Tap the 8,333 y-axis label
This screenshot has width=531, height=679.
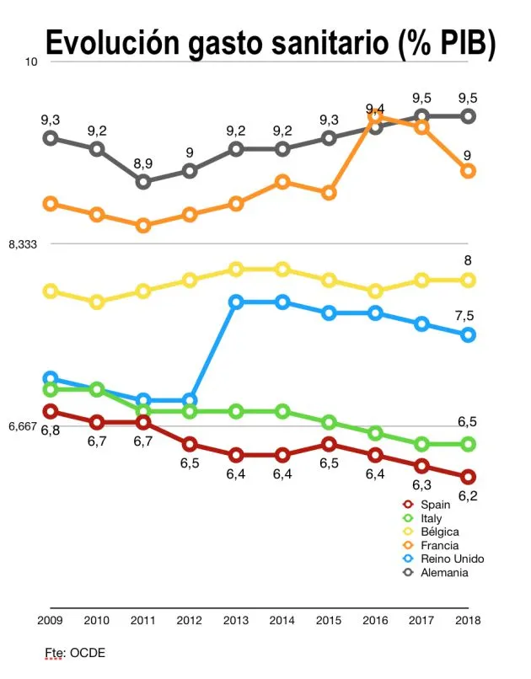tap(23, 244)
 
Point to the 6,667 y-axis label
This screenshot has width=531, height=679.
tap(23, 426)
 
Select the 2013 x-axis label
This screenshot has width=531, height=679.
tap(236, 621)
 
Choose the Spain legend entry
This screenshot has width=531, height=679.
tap(435, 504)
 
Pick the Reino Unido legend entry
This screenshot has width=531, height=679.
tap(451, 559)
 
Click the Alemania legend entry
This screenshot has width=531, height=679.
tap(443, 573)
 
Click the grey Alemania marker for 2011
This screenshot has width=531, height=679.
tap(143, 182)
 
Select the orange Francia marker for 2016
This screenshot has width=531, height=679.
tap(376, 117)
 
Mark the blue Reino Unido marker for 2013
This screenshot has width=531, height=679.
tap(237, 302)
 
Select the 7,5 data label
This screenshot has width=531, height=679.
tap(464, 316)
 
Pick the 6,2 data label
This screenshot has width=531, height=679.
tap(468, 495)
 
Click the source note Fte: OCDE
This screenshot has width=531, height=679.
tap(75, 653)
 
